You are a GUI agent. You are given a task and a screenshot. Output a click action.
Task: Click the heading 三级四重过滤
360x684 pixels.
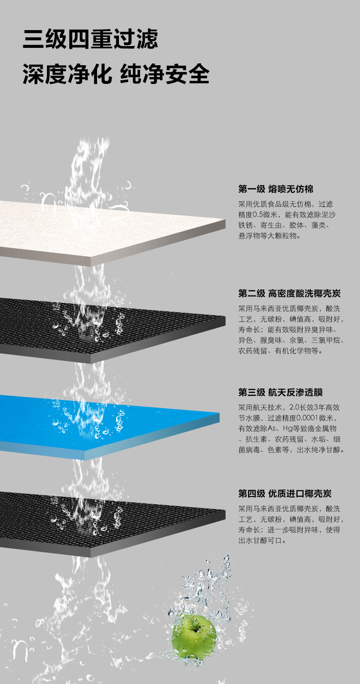coord(90,39)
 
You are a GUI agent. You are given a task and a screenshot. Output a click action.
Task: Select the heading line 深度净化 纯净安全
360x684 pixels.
coord(116,74)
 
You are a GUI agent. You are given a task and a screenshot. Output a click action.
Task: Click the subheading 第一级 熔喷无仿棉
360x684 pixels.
coord(276,189)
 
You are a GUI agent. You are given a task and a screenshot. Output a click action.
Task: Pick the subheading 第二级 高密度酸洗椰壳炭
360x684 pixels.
coord(289,294)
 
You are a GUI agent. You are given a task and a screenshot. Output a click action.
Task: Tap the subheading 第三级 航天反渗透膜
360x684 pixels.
coord(280,392)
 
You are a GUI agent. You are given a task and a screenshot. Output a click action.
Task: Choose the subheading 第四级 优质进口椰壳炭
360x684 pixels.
coord(285,493)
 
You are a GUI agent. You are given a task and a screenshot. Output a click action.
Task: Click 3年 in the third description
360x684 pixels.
coord(319,407)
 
